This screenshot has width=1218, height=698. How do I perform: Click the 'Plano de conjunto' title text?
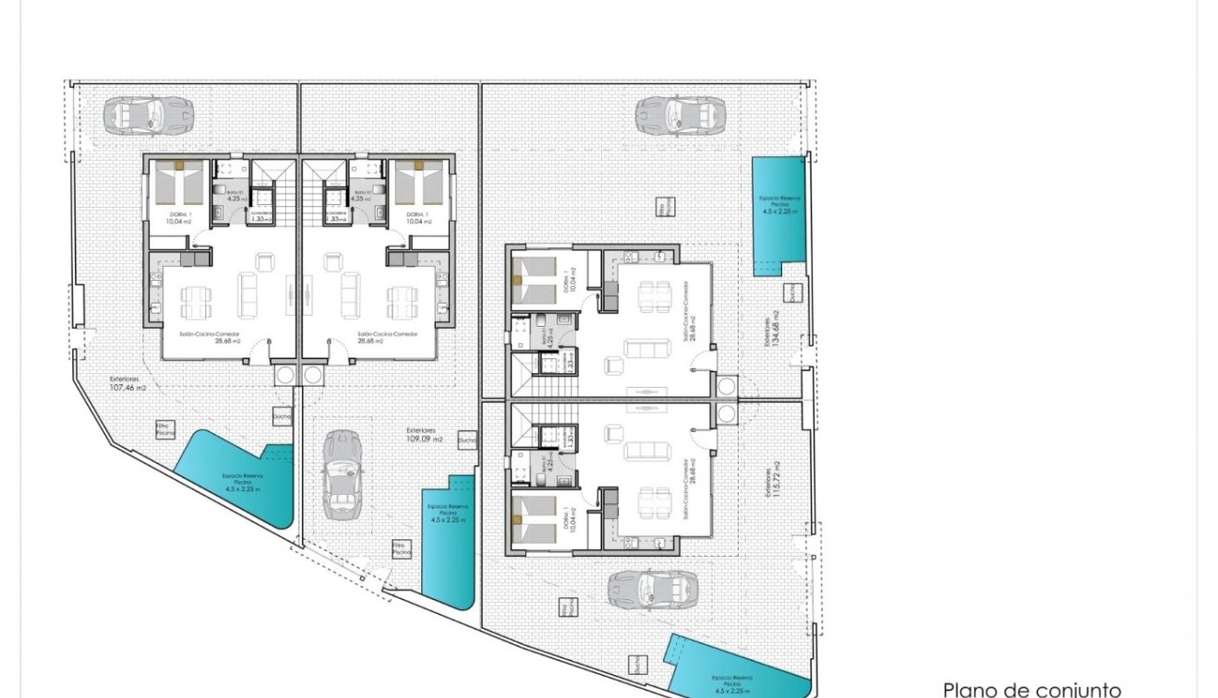pyautogui.click(x=1031, y=689)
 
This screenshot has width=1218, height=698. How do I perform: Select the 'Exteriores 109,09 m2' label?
pyautogui.click(x=425, y=435)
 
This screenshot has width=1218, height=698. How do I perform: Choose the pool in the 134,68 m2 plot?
pyautogui.click(x=778, y=214)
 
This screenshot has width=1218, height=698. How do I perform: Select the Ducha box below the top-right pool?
pyautogui.click(x=791, y=293)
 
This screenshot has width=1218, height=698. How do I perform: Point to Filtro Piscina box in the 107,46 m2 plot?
pyautogui.click(x=164, y=428)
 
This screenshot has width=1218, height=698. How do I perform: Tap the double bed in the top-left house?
pyautogui.click(x=178, y=184)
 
